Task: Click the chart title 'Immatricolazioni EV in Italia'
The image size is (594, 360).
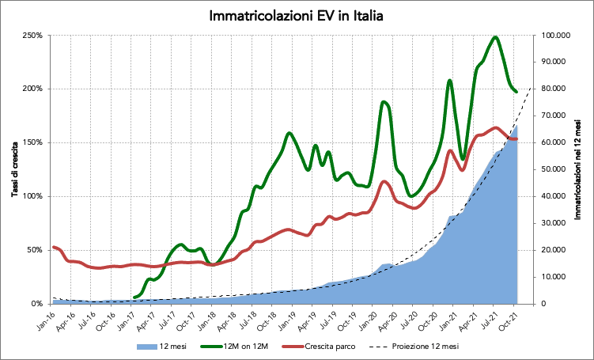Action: tap(297, 16)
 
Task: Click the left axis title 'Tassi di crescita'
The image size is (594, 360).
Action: tap(14, 169)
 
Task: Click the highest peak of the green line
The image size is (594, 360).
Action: tap(495, 36)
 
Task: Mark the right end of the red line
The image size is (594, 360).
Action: tap(516, 139)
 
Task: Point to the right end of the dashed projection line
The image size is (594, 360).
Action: tap(530, 86)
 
